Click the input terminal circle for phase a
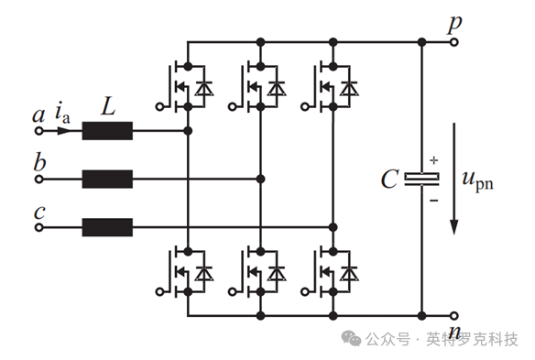[x=39, y=131]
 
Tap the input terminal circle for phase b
[x=39, y=180]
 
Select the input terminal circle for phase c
[x=39, y=227]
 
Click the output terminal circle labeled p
[x=453, y=42]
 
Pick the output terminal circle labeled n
[x=453, y=316]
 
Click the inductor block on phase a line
[x=107, y=131]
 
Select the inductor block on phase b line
[x=107, y=180]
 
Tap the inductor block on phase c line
[x=107, y=227]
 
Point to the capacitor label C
[x=389, y=180]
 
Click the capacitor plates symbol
[x=421, y=180]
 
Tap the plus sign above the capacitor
[x=433, y=160]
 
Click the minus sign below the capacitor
[x=433, y=201]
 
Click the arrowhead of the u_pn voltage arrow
[x=453, y=227]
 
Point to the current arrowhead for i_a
[x=64, y=131]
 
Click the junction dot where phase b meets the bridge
[x=261, y=180]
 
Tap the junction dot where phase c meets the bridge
[x=333, y=227]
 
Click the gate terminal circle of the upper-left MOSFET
[x=159, y=107]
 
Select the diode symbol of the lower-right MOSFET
[x=349, y=273]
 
